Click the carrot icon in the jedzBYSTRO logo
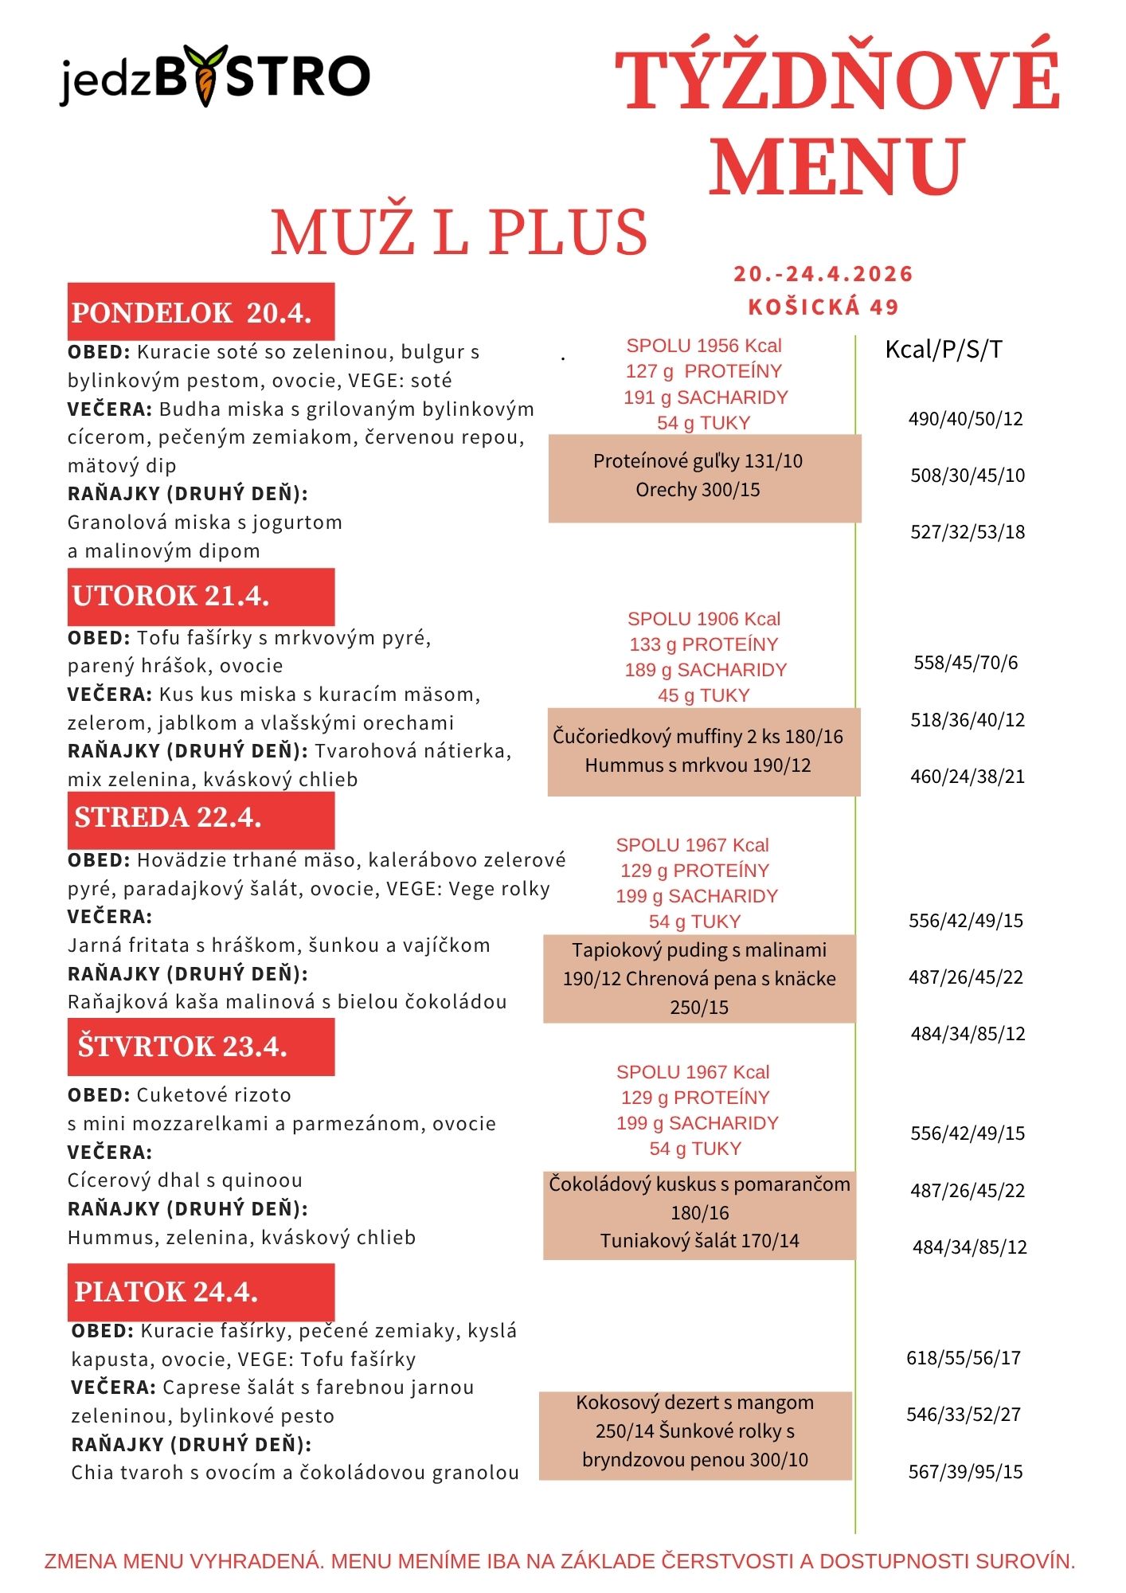click(205, 78)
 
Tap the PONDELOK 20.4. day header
click(200, 312)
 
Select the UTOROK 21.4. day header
click(200, 597)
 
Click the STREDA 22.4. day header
click(200, 819)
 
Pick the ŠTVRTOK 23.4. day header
click(200, 1047)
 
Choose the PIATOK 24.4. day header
click(200, 1291)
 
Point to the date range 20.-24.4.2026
click(823, 274)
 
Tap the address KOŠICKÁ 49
click(823, 307)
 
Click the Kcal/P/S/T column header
click(944, 349)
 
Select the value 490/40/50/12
click(965, 419)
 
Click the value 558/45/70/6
click(965, 663)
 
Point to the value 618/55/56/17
click(964, 1358)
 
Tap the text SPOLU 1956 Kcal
click(704, 346)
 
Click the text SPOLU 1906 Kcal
click(704, 619)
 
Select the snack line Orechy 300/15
click(698, 490)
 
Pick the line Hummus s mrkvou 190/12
click(698, 765)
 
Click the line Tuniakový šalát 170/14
click(699, 1241)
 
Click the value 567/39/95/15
click(965, 1472)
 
